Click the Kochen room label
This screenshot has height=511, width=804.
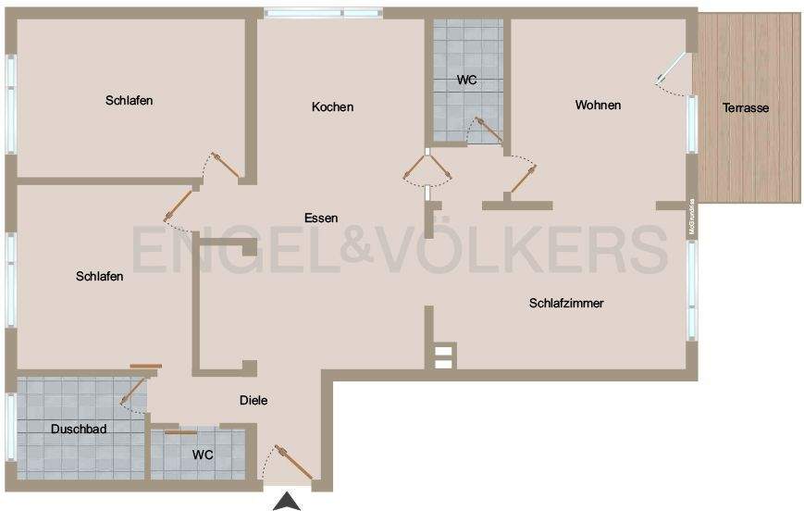click(332, 107)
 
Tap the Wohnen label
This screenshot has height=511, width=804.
click(598, 106)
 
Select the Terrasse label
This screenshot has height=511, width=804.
click(746, 108)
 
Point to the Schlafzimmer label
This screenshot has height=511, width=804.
click(566, 304)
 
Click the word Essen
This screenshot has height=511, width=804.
click(321, 218)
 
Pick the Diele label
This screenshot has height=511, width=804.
click(253, 401)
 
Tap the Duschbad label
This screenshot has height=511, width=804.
click(79, 430)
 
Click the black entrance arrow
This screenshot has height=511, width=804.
click(289, 502)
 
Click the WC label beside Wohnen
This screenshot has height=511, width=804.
click(467, 81)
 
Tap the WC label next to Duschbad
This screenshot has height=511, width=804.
click(203, 455)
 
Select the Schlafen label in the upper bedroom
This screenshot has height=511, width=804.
click(130, 101)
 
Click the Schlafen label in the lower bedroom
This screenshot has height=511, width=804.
click(100, 276)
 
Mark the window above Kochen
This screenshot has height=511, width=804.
click(322, 13)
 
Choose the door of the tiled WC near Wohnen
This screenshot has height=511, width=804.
click(485, 130)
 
